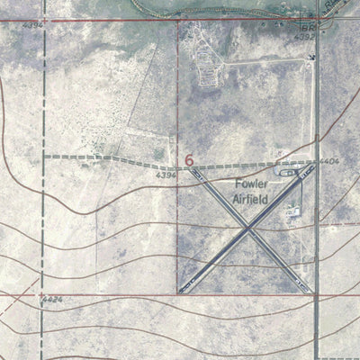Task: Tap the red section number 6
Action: [x=189, y=160]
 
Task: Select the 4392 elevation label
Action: [x=305, y=37]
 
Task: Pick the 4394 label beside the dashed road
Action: [x=164, y=175]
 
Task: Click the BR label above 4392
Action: [x=305, y=27]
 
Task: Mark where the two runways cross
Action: [x=247, y=229]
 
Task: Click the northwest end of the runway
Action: [x=192, y=171]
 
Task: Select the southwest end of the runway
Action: [x=183, y=290]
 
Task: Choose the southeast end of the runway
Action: [x=310, y=290]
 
